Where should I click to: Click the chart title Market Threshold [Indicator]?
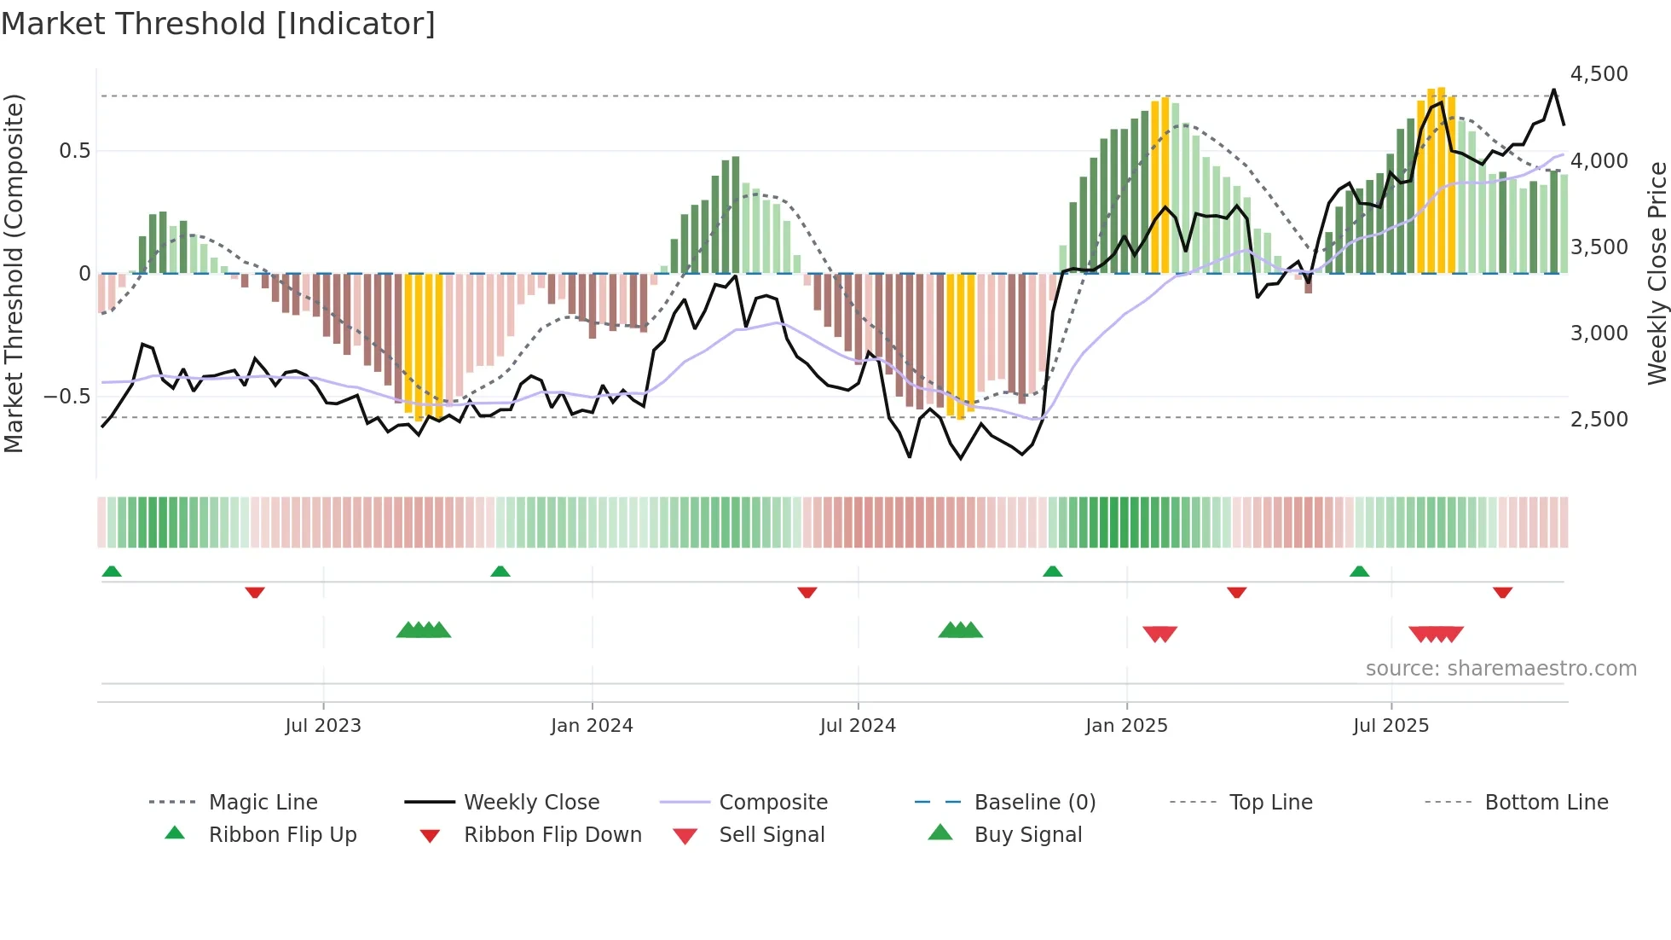218,24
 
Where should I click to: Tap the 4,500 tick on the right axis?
1599,74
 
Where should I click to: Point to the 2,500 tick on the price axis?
1599,419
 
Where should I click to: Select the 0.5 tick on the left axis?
74,151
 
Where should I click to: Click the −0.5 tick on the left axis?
66,397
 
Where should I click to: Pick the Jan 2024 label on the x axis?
592,726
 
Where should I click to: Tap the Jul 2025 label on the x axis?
1391,726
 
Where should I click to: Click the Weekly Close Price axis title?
1657,273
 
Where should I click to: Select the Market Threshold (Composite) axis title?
14,273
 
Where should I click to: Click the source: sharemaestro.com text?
1500,669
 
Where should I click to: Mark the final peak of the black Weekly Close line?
1553,90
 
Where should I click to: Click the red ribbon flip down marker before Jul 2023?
254,592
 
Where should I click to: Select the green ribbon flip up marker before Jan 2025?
1052,571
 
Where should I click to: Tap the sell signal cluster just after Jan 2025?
1159,634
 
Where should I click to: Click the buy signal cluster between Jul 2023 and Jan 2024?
424,630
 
